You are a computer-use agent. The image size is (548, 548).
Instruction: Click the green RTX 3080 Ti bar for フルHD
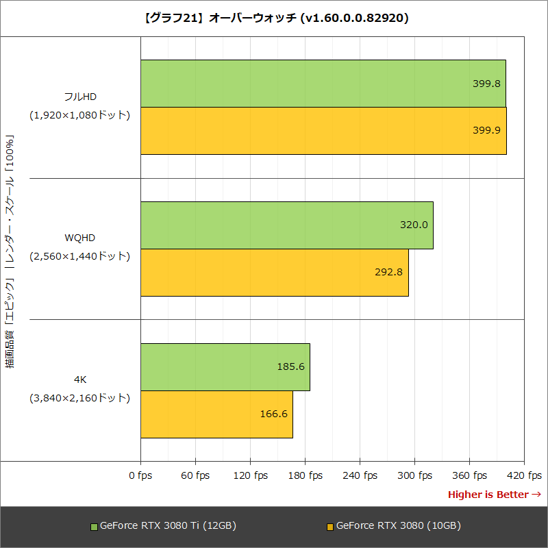pos(323,84)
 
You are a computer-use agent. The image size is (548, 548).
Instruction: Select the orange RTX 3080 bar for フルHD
pos(323,131)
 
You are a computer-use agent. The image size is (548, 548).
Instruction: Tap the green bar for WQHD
pos(287,225)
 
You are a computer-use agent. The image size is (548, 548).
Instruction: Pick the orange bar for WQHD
pos(275,272)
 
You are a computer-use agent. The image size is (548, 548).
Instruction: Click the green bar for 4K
pos(225,366)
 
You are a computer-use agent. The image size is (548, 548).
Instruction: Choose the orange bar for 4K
pos(216,414)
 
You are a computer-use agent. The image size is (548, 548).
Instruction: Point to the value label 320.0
pos(414,225)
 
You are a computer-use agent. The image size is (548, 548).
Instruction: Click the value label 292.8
pos(389,272)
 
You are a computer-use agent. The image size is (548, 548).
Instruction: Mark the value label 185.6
pos(290,366)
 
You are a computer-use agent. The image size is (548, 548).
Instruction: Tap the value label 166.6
pos(273,414)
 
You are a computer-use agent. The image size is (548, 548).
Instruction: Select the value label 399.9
pos(486,131)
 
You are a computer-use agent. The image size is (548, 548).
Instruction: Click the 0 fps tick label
pos(140,475)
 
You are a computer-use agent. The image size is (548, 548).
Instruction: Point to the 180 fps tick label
pos(305,475)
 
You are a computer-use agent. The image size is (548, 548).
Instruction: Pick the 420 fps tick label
pos(524,475)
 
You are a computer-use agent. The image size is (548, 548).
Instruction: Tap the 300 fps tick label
pos(414,475)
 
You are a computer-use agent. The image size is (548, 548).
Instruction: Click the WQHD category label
pos(80,238)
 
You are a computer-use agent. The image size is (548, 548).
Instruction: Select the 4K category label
pos(80,379)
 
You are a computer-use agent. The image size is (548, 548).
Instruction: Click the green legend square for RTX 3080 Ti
pos(95,527)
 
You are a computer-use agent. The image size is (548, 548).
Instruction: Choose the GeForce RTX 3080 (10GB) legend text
pos(399,526)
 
